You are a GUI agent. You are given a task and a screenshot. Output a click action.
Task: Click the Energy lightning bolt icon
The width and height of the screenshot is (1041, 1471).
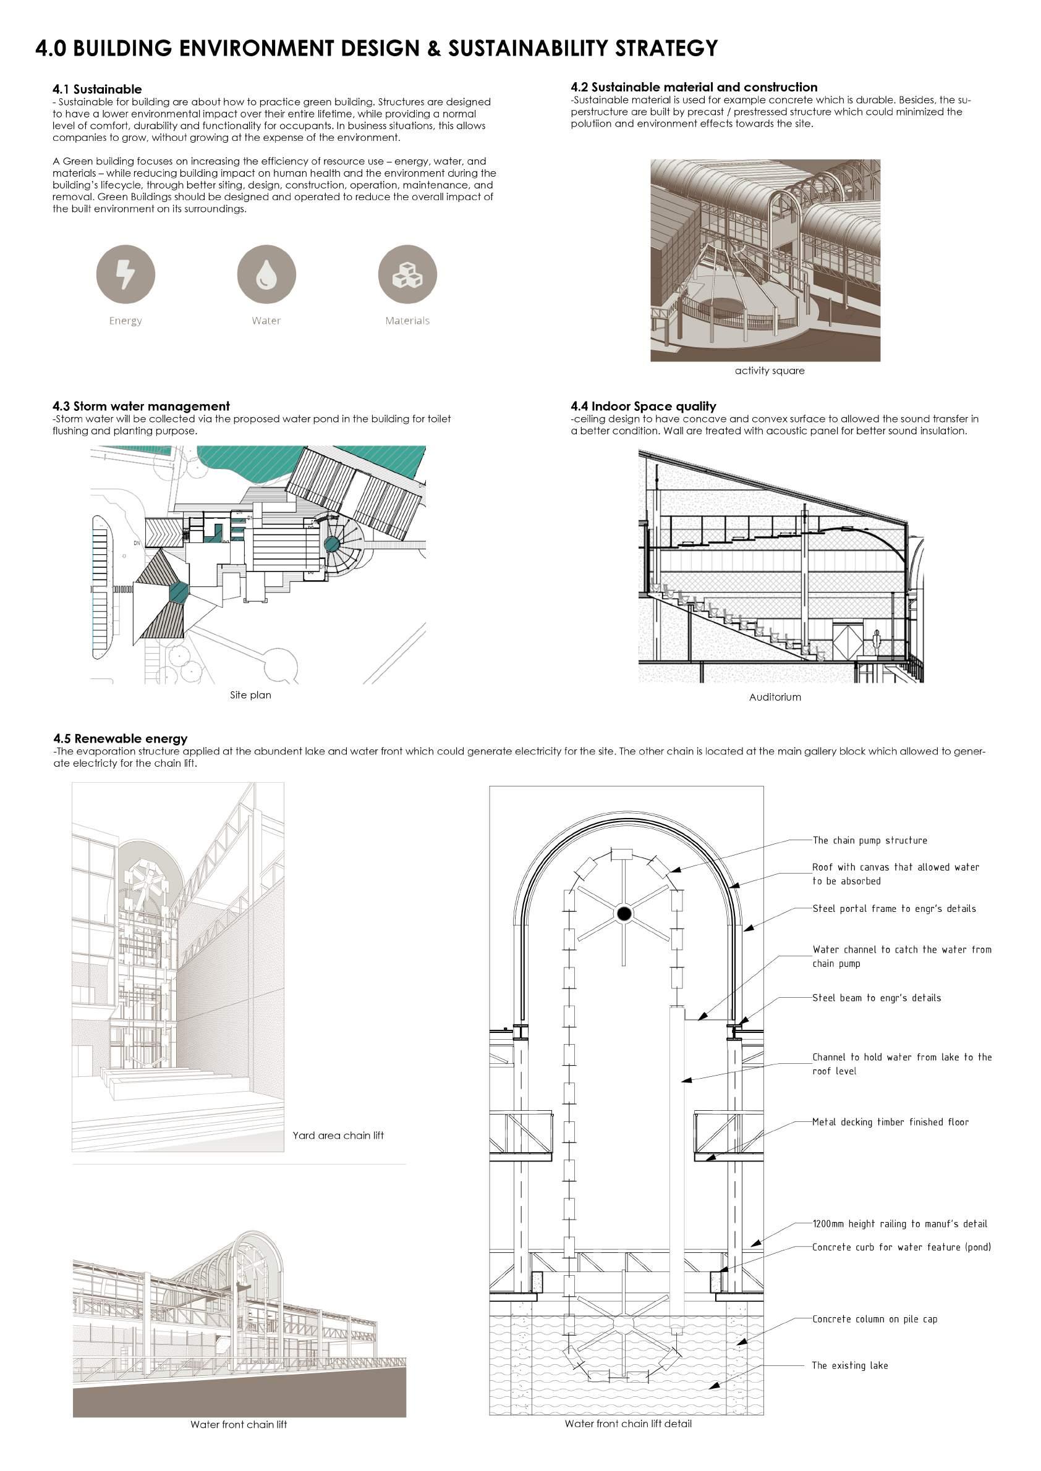(125, 274)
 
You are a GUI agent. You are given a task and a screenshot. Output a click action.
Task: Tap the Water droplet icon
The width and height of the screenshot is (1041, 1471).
(266, 274)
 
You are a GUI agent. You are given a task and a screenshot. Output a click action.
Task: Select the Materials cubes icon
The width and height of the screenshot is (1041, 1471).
(407, 274)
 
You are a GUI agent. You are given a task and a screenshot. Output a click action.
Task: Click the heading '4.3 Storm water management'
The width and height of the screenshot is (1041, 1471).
(141, 406)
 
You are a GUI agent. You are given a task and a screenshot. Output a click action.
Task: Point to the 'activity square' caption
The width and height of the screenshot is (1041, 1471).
(769, 370)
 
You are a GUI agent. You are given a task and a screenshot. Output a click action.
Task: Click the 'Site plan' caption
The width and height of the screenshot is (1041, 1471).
(250, 694)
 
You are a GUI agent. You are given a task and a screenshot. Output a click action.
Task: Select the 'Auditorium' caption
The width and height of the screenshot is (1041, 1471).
(775, 697)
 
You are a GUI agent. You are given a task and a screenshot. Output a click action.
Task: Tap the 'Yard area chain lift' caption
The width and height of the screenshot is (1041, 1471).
(338, 1136)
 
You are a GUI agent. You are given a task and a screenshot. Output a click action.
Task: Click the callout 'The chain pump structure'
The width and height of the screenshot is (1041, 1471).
(870, 840)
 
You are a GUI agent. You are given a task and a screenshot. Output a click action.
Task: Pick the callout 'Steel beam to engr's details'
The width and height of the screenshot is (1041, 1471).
(877, 998)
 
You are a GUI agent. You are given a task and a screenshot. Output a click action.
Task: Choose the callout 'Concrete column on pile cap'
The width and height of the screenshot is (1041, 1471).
(874, 1319)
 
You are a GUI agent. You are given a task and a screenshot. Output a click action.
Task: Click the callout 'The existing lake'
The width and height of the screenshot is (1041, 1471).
(850, 1365)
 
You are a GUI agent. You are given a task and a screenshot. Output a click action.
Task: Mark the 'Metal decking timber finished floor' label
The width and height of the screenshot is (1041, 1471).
(890, 1122)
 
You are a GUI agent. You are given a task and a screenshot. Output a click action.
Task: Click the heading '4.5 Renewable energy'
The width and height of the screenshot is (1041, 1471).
(121, 739)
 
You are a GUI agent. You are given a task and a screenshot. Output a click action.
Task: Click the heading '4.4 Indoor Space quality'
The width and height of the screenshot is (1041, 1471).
(643, 406)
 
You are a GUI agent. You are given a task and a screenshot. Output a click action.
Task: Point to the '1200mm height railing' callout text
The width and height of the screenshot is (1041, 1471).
(899, 1224)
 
